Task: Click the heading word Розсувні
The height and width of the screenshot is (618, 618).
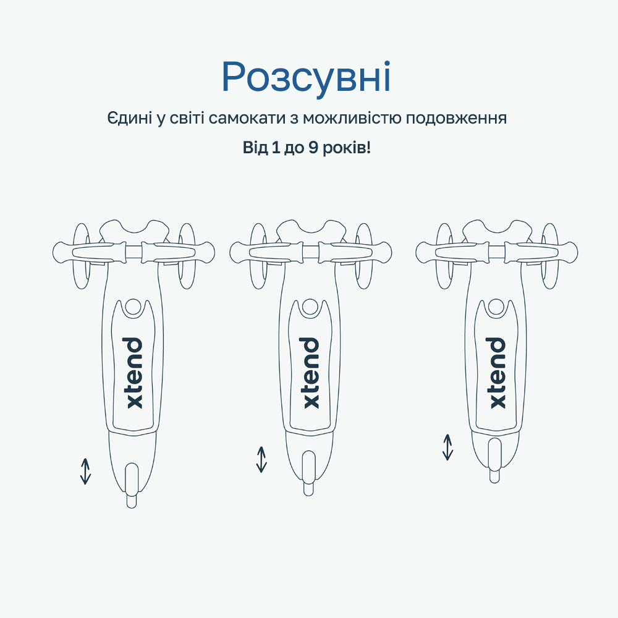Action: pyautogui.click(x=307, y=77)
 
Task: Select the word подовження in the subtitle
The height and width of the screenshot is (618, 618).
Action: pyautogui.click(x=456, y=119)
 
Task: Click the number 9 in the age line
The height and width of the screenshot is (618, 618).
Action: pyautogui.click(x=313, y=148)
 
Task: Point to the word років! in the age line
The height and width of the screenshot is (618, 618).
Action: pyautogui.click(x=347, y=148)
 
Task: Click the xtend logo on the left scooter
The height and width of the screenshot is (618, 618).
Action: pyautogui.click(x=134, y=373)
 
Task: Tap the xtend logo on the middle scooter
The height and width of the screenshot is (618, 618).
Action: pyautogui.click(x=311, y=373)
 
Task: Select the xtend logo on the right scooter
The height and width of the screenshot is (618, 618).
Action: pyautogui.click(x=497, y=373)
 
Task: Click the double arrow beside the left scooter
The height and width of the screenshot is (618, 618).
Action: pyautogui.click(x=85, y=471)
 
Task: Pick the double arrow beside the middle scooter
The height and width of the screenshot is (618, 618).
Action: pyautogui.click(x=261, y=459)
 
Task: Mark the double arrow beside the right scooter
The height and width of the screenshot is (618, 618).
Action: pyautogui.click(x=447, y=447)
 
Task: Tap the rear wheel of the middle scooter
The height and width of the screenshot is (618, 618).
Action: pyautogui.click(x=308, y=473)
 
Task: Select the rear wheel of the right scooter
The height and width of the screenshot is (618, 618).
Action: pyautogui.click(x=494, y=460)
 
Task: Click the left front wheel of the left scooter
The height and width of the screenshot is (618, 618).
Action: pyautogui.click(x=82, y=256)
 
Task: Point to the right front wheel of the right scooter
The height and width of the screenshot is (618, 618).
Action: pyautogui.click(x=550, y=256)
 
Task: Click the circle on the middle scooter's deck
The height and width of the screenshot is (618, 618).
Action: pyautogui.click(x=310, y=307)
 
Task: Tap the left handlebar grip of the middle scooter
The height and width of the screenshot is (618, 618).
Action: pyautogui.click(x=267, y=252)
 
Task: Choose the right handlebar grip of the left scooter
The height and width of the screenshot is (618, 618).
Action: pyautogui.click(x=178, y=252)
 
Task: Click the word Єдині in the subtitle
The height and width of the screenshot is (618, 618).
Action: pyautogui.click(x=130, y=118)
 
